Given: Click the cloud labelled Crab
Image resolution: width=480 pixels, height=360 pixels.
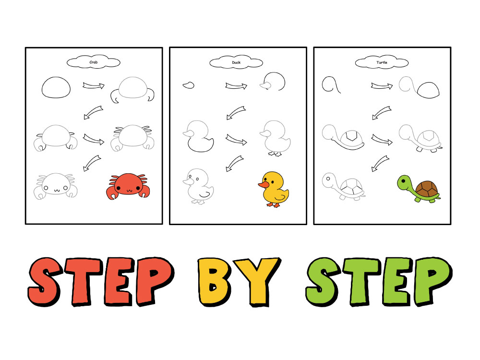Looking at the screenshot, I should click(94, 62).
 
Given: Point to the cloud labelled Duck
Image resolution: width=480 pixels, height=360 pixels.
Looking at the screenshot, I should click(237, 62).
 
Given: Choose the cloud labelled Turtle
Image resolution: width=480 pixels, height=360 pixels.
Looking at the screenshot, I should click(382, 62).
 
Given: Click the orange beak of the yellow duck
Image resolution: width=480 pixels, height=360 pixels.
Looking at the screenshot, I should click(263, 184).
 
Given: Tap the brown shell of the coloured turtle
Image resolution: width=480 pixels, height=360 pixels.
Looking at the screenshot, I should click(425, 189).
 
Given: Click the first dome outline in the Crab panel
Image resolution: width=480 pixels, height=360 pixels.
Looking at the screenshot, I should click(56, 87).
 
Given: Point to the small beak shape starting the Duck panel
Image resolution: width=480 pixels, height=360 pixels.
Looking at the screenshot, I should click(188, 85).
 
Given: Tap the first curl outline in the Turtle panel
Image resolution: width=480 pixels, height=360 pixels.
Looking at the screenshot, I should click(331, 85).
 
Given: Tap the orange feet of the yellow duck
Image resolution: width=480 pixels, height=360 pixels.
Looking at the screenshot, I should click(273, 205).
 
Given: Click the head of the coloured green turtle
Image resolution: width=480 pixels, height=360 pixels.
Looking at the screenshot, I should click(405, 183).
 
